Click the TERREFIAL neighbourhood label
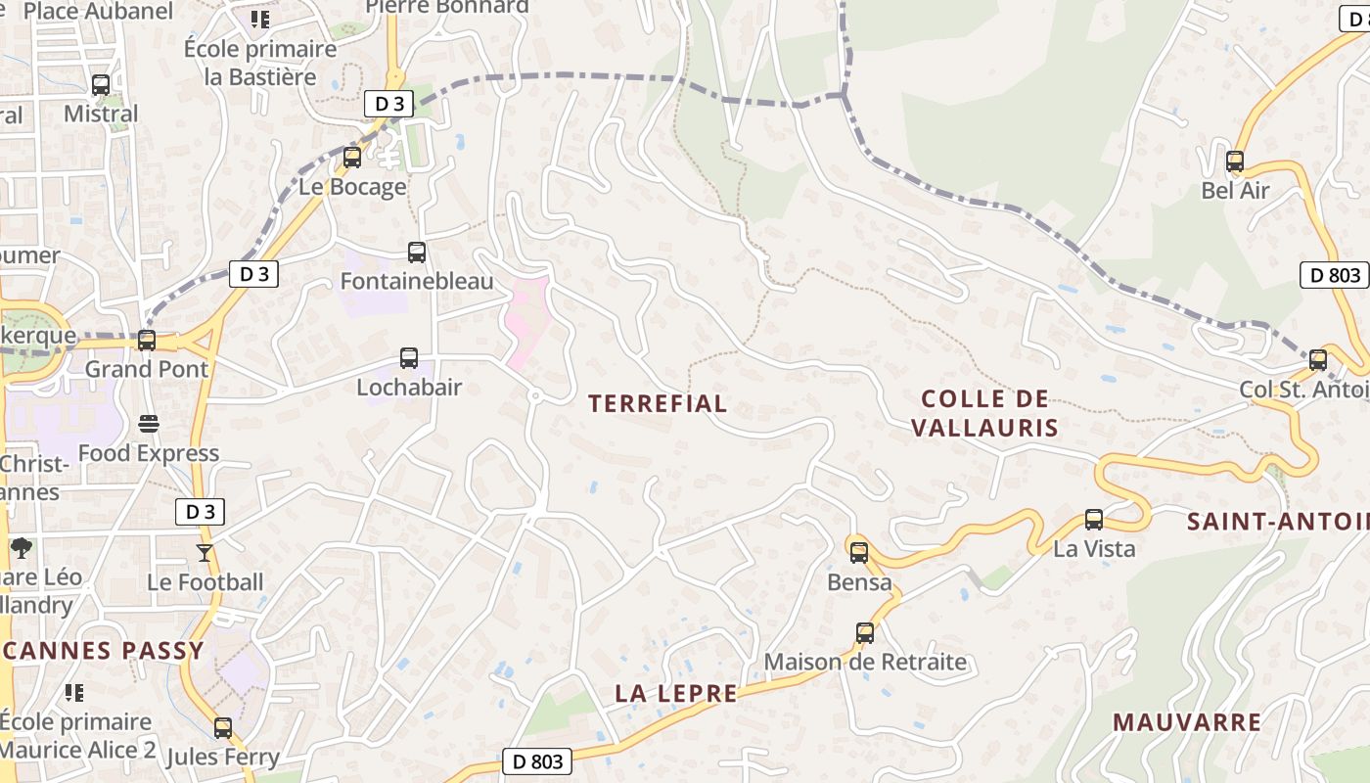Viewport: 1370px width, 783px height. [658, 403]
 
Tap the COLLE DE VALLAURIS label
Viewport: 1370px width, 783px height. [985, 413]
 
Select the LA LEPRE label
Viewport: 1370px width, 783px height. [675, 693]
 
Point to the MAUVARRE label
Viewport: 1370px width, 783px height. [1186, 722]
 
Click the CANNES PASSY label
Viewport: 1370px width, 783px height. [103, 651]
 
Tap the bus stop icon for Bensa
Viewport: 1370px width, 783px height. [859, 553]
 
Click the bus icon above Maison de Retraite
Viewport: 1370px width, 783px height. [865, 633]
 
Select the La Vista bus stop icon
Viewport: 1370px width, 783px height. [1094, 520]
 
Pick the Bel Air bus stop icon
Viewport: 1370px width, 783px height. [1235, 161]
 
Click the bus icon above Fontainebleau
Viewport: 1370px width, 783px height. [417, 253]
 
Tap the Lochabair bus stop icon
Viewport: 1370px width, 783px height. [409, 358]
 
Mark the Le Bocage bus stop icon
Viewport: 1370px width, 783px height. [352, 157]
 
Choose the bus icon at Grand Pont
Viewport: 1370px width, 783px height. [147, 341]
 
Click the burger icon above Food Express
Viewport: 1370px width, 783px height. [149, 424]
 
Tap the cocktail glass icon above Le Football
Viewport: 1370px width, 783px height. [205, 553]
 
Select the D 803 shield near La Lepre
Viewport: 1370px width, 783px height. [537, 761]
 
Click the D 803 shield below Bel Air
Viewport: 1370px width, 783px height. [1335, 275]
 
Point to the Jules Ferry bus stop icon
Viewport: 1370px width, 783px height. [223, 728]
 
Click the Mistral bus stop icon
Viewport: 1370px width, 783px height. [101, 85]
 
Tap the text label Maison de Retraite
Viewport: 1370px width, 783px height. [865, 662]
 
